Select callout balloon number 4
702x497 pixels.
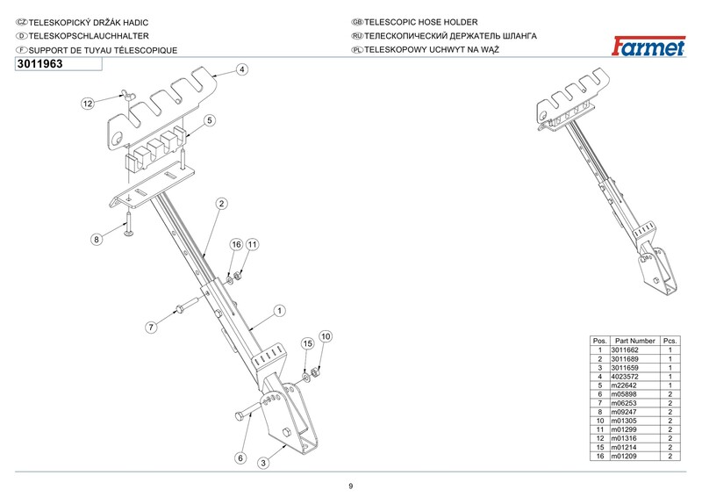(241, 68)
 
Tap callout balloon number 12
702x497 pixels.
(88, 104)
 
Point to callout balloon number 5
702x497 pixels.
(210, 119)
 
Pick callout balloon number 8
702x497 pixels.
(97, 238)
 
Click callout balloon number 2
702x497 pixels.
(222, 204)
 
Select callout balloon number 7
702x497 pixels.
(151, 327)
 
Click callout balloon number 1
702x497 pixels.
(278, 310)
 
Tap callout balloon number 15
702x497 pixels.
(308, 343)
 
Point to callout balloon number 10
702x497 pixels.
(325, 336)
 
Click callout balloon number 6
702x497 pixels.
(239, 457)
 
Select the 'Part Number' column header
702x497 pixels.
(635, 341)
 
